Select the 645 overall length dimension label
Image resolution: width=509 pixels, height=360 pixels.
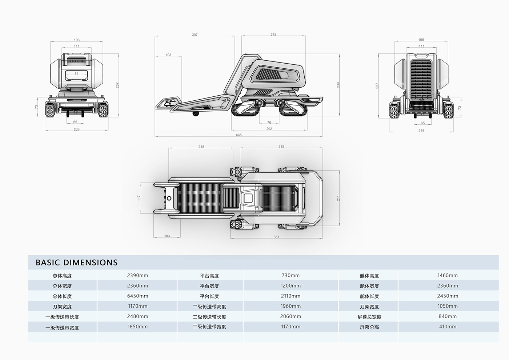pos(239,135)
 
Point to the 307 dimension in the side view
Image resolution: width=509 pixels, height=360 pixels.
pos(195,35)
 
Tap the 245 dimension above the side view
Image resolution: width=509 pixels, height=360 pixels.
pos(273,35)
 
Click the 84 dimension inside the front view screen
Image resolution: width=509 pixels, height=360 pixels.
pos(76,73)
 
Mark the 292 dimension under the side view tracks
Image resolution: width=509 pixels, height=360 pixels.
pos(269,129)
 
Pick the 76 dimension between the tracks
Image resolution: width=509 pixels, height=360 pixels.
pos(269,123)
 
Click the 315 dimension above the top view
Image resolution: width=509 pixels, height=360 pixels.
pos(281,147)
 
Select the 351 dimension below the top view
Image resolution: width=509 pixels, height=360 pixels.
pos(276,237)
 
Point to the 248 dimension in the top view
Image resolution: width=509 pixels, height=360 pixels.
pos(201,147)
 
